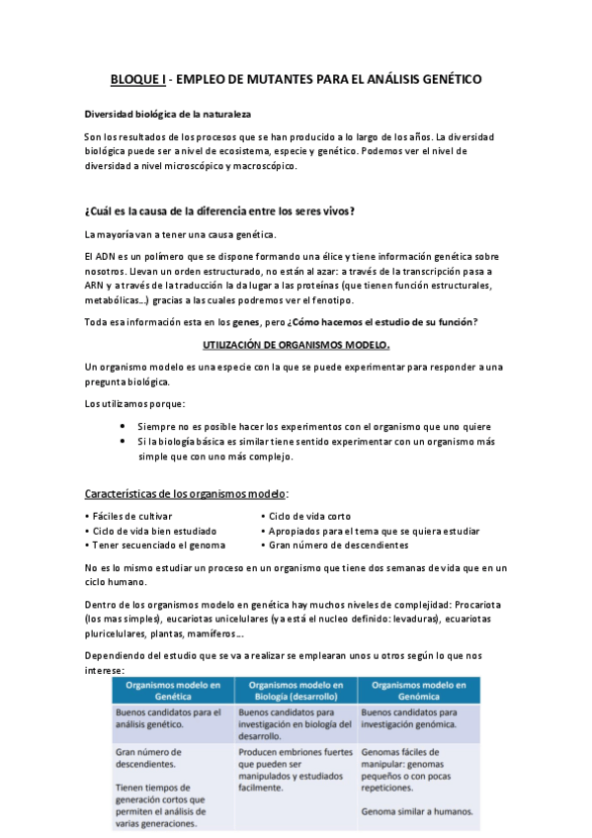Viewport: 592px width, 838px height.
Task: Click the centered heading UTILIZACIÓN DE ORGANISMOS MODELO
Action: [296, 345]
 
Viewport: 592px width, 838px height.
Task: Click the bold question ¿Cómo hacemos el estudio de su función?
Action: [382, 323]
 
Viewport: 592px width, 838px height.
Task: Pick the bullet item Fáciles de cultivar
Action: [131, 516]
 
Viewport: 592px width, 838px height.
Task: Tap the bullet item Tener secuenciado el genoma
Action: [158, 545]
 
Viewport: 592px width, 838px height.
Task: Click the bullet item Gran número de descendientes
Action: [338, 545]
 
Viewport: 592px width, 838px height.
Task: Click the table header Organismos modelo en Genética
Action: [173, 690]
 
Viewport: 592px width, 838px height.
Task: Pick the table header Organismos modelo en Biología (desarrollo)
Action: [296, 690]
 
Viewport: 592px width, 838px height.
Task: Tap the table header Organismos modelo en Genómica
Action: [418, 690]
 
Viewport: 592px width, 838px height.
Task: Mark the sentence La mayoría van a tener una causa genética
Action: [181, 233]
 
